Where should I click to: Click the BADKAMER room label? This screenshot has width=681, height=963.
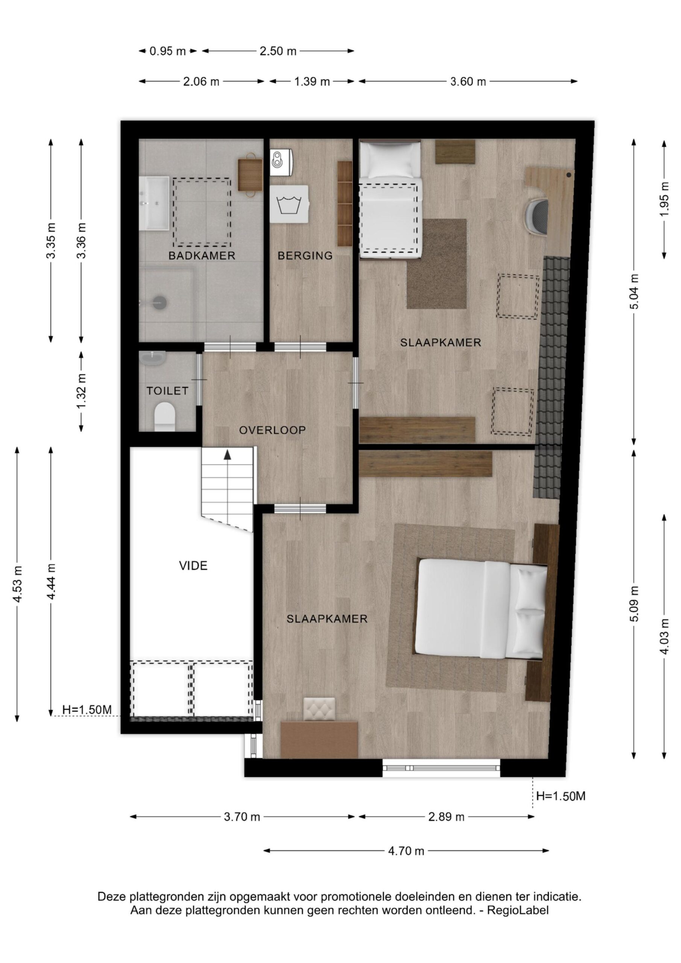click(x=201, y=255)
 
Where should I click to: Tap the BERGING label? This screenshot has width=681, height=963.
click(x=305, y=255)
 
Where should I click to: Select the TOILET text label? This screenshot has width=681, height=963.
click(x=167, y=391)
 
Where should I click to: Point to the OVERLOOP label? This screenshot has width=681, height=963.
click(x=272, y=430)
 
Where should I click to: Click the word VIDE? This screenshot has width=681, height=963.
click(x=193, y=566)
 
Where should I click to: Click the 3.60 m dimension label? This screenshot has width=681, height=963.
click(x=468, y=81)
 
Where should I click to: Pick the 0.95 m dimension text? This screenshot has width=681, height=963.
click(x=167, y=51)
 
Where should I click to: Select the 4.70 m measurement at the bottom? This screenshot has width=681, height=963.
click(x=406, y=851)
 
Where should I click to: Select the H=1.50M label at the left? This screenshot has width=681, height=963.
click(x=87, y=710)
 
